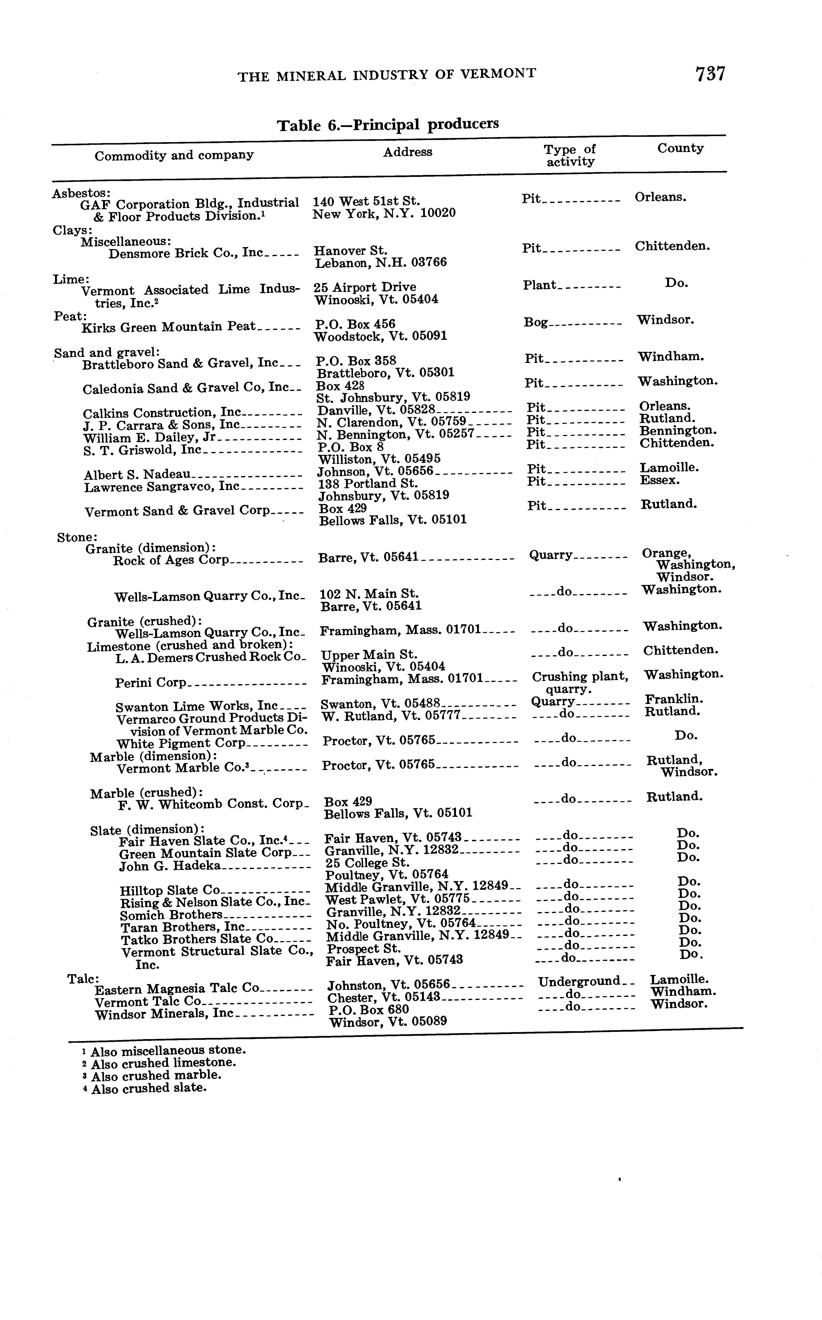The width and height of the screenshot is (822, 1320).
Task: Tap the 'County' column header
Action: click(x=680, y=148)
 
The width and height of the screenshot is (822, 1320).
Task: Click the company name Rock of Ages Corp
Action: click(x=171, y=560)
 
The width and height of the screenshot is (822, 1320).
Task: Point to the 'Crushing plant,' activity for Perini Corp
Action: click(x=580, y=677)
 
